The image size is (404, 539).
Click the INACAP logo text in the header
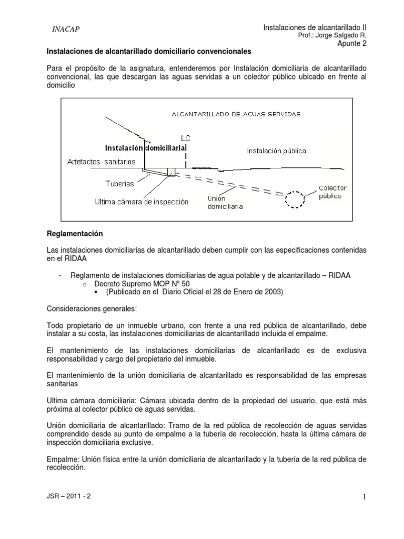(66, 29)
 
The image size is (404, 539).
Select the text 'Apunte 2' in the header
(351, 44)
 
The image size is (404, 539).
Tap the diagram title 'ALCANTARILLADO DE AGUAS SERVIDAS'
(236, 114)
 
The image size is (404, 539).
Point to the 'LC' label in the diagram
(185, 138)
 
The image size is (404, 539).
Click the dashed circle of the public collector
(295, 199)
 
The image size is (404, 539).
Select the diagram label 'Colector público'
(332, 192)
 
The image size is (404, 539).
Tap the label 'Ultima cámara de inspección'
(142, 202)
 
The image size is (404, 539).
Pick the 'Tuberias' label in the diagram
(119, 184)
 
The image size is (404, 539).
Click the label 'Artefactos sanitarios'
(102, 161)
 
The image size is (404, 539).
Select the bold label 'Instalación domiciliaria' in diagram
(146, 148)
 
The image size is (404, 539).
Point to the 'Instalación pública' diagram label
(277, 151)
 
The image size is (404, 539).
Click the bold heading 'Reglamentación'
(75, 233)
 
